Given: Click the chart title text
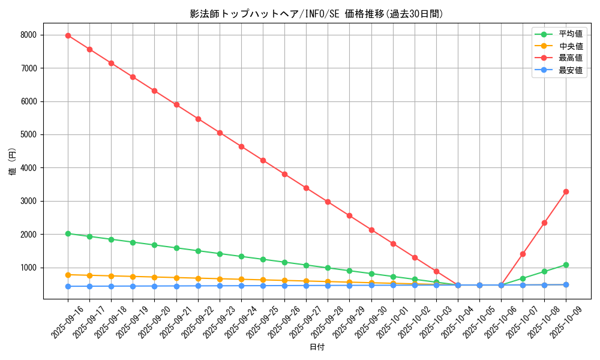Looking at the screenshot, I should point(316,14).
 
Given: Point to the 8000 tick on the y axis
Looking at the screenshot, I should point(28,35).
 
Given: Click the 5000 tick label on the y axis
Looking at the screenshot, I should point(28,135).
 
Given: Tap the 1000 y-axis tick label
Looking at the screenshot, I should point(28,268).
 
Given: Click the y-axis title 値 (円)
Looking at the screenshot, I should point(12,161).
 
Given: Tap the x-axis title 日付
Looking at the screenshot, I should point(316,347).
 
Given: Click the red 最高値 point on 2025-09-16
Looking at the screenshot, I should point(68,35).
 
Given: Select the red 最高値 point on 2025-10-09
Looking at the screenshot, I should point(566,191).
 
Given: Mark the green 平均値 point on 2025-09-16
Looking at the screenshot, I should point(68,233).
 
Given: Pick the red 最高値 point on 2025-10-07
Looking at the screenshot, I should point(523,254).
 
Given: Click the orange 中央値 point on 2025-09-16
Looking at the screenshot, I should point(68,275).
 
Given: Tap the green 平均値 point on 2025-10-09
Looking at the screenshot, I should point(566,265).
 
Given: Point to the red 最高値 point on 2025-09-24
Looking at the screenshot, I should point(241,146).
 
